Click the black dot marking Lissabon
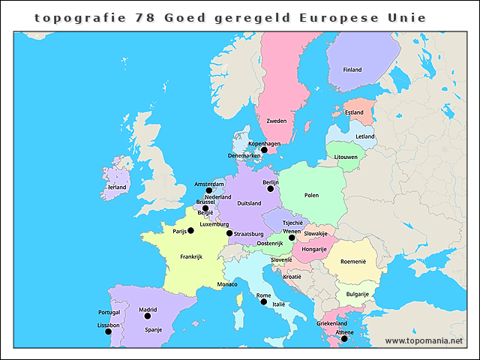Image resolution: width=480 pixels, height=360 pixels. point(108,331)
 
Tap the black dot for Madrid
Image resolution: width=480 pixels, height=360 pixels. point(148,316)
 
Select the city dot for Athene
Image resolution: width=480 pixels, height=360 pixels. point(344,339)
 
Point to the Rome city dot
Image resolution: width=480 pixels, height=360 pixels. point(263,302)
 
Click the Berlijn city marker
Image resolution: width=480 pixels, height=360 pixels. point(271,190)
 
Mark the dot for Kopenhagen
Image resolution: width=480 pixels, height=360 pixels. point(264,150)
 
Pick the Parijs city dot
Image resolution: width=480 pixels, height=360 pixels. point(190,230)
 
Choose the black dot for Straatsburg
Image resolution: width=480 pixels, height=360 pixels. point(229,233)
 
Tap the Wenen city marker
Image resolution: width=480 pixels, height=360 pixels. point(292,238)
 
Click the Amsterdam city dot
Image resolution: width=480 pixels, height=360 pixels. point(209,190)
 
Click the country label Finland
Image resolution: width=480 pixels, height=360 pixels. point(352,70)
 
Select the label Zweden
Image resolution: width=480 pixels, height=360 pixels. point(277,121)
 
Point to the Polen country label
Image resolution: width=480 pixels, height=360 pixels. point(311,195)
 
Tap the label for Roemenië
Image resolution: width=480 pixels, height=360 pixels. point(352,262)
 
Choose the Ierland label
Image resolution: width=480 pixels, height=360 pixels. point(117,187)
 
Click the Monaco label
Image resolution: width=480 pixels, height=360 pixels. point(227,284)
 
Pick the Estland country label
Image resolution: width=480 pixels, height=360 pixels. point(354,112)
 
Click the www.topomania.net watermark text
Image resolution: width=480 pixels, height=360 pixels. point(424,340)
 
